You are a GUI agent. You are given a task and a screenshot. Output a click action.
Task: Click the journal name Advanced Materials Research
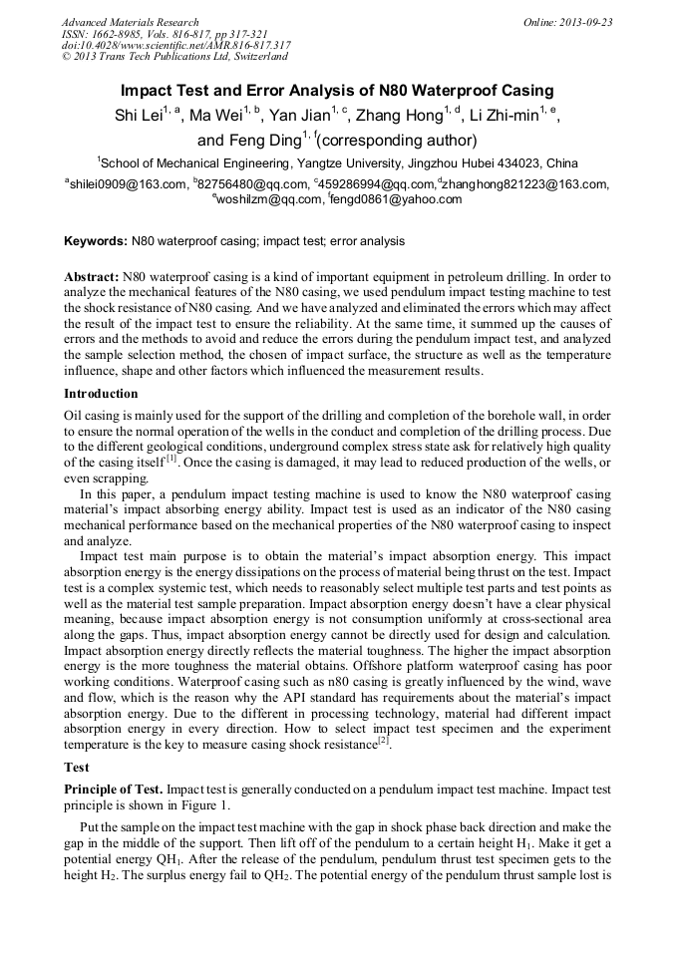(130, 22)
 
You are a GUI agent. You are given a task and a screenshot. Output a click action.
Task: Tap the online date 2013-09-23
(581, 22)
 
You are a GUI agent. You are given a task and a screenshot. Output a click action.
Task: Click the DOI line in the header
(176, 45)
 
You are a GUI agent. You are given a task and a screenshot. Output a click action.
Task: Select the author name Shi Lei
(139, 116)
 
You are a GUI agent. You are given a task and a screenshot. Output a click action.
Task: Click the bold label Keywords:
(96, 241)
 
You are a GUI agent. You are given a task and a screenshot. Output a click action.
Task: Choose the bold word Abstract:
(92, 275)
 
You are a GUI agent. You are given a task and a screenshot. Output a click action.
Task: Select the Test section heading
(77, 768)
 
